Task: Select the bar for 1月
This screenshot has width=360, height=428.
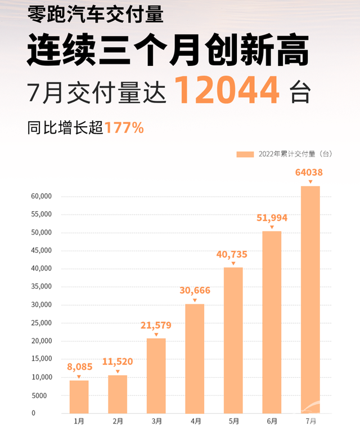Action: pos(79,396)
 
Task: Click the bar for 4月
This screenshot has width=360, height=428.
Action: pos(195,358)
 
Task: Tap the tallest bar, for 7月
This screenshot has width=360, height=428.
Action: pos(310,299)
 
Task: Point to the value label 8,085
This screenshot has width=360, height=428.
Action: pos(79,368)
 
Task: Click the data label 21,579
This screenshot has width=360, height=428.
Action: pos(156,326)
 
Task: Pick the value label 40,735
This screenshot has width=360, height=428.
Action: pos(233,255)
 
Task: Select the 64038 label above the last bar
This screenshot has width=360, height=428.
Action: pos(310,172)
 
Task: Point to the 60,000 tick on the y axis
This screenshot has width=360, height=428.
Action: pos(41,197)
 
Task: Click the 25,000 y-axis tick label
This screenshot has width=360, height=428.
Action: pos(41,323)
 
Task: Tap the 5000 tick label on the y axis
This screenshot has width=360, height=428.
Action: pos(43,395)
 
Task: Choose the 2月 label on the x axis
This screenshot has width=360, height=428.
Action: pos(118,421)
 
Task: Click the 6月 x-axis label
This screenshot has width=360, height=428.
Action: pos(272,421)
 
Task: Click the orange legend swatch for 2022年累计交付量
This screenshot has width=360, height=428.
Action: pos(245,154)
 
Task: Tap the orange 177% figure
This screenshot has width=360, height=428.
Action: pos(124,128)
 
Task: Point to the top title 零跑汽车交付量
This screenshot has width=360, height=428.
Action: pos(96,14)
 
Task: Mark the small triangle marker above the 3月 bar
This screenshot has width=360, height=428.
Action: pos(156,335)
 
